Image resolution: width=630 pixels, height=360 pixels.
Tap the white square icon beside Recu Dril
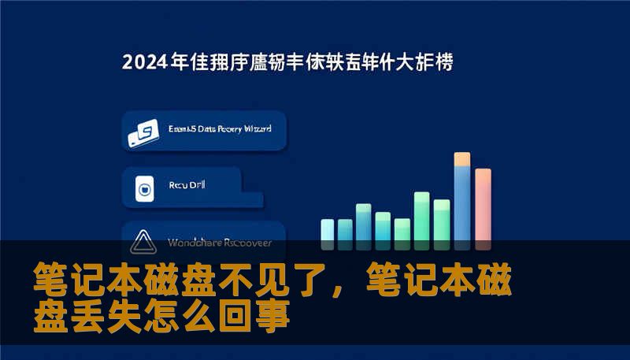(144, 188)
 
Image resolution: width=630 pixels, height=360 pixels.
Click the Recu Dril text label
(187, 187)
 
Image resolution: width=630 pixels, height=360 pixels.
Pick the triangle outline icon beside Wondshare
(144, 239)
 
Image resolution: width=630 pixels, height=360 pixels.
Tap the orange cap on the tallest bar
(462, 159)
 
